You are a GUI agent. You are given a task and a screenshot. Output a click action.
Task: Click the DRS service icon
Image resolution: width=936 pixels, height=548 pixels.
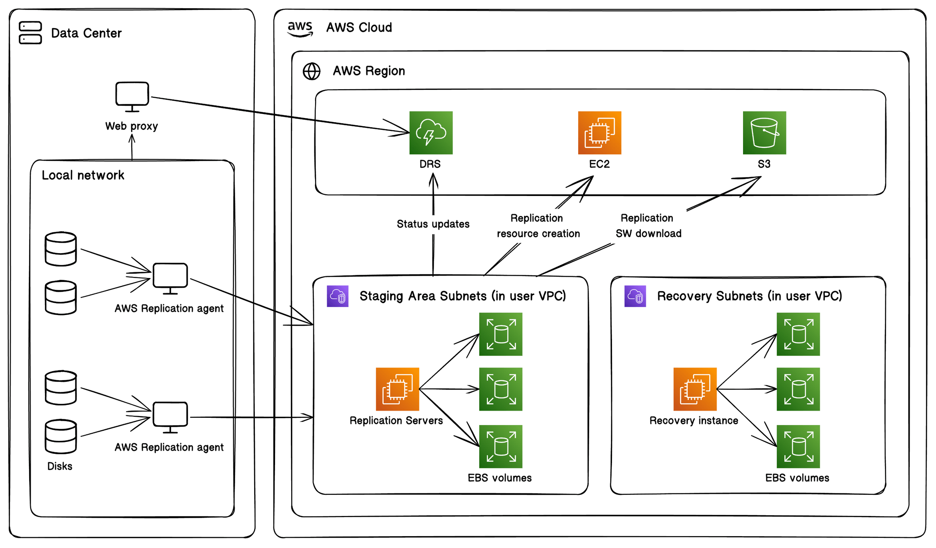pyautogui.click(x=431, y=133)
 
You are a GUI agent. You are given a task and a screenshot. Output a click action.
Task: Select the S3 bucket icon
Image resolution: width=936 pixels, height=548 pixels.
pyautogui.click(x=764, y=133)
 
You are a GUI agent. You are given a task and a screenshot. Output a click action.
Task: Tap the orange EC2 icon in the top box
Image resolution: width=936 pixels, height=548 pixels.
pyautogui.click(x=599, y=133)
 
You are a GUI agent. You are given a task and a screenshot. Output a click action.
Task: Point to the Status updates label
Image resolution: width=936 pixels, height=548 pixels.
pyautogui.click(x=433, y=224)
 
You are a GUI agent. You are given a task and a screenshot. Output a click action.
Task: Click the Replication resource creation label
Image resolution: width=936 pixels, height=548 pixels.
pyautogui.click(x=538, y=225)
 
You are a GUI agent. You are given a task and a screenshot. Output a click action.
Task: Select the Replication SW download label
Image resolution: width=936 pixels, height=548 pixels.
pyautogui.click(x=648, y=225)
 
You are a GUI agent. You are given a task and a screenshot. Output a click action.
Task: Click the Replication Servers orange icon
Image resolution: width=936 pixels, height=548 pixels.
pyautogui.click(x=397, y=389)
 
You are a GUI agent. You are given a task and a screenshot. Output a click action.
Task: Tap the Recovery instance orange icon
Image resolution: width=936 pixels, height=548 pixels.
pyautogui.click(x=695, y=389)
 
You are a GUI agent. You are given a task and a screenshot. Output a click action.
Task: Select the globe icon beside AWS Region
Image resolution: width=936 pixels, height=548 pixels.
pyautogui.click(x=312, y=71)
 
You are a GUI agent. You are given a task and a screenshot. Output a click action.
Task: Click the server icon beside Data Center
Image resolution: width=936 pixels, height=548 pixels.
pyautogui.click(x=31, y=33)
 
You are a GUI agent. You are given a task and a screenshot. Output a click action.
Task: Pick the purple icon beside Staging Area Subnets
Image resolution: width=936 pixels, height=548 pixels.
pyautogui.click(x=338, y=296)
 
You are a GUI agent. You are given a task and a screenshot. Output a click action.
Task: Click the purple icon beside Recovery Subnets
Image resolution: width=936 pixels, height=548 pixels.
pyautogui.click(x=635, y=296)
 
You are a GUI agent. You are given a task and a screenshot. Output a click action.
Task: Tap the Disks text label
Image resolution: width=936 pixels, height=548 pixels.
pyautogui.click(x=60, y=466)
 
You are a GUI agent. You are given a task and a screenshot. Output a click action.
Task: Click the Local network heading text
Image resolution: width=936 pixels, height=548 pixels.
pyautogui.click(x=83, y=175)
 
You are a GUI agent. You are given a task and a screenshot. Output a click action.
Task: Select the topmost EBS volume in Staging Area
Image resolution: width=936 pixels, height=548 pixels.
pyautogui.click(x=501, y=334)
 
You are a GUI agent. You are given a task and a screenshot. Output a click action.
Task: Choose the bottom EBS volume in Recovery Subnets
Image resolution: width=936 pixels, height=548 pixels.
pyautogui.click(x=798, y=447)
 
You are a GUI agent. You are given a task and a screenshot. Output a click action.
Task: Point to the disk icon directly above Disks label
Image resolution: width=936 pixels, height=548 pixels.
pyautogui.click(x=61, y=437)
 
